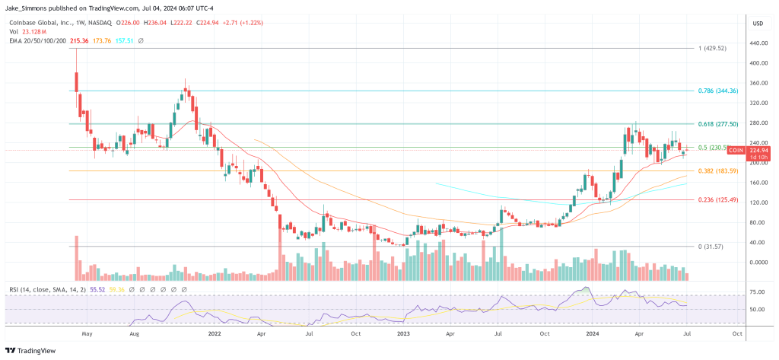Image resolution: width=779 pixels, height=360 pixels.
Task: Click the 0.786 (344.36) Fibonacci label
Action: [717, 91]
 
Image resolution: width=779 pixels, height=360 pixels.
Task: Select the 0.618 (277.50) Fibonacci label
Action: [717, 123]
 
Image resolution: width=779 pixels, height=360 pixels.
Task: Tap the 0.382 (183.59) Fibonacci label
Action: [717, 170]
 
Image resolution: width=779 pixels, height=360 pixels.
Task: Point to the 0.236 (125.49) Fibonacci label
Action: [717, 199]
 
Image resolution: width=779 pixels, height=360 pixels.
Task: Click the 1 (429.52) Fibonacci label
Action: [713, 48]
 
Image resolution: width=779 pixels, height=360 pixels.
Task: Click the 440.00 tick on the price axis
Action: [757, 43]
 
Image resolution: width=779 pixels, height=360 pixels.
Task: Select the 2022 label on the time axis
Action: [214, 333]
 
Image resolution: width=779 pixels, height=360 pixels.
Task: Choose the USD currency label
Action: [757, 23]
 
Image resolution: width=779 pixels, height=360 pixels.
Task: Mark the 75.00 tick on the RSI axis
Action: [755, 291]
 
